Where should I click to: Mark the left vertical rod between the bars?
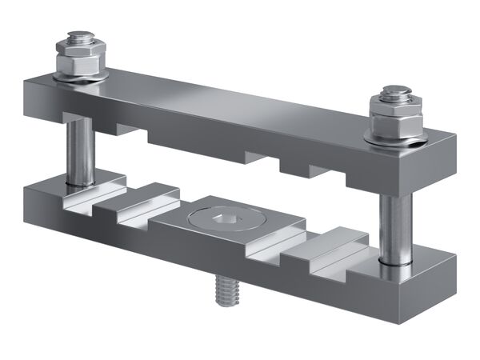81,148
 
